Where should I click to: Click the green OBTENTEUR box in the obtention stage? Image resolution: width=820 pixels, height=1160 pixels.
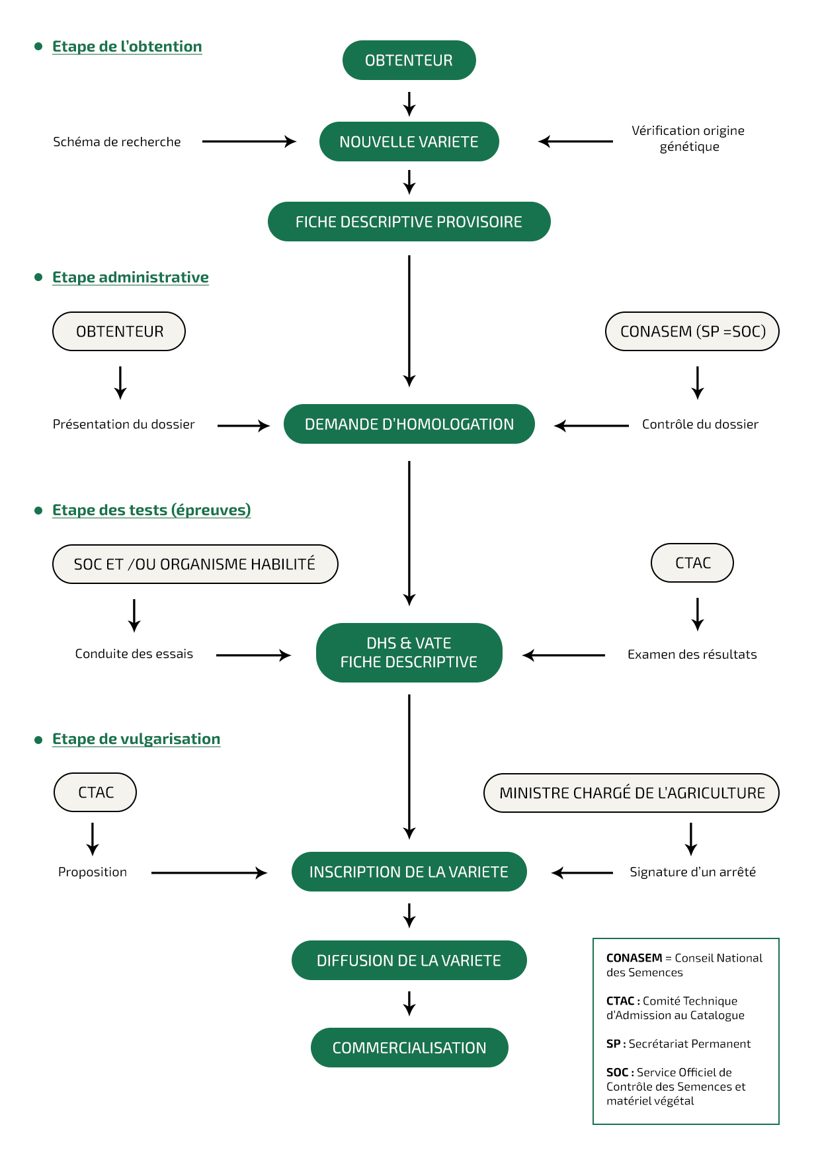[409, 60]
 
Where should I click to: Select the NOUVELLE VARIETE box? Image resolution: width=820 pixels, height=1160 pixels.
[409, 142]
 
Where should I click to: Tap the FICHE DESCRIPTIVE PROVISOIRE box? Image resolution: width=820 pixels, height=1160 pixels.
[409, 222]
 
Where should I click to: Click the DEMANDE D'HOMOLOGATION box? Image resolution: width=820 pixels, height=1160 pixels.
[409, 424]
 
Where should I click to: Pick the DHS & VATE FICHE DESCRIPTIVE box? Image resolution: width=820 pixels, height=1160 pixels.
[409, 653]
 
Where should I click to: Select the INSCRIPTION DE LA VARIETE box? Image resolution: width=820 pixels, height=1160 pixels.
[409, 872]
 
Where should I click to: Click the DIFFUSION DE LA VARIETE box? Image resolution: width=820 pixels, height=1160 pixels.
[409, 960]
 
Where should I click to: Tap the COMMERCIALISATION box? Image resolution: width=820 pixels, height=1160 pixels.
[409, 1048]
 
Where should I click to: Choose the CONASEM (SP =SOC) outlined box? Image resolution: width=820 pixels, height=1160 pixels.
[692, 331]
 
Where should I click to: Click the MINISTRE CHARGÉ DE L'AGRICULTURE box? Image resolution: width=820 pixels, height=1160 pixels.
[632, 793]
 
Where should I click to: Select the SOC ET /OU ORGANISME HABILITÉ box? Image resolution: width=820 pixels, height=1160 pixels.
[195, 564]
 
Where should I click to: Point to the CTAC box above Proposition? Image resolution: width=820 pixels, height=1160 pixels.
[95, 792]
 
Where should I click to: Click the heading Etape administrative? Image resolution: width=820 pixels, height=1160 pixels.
[130, 277]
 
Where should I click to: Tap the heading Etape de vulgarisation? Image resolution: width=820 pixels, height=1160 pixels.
[136, 739]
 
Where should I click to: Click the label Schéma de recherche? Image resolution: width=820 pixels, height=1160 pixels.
[117, 142]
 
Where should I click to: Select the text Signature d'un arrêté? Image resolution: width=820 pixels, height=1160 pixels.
[692, 872]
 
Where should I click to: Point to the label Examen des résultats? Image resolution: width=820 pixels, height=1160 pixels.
[692, 654]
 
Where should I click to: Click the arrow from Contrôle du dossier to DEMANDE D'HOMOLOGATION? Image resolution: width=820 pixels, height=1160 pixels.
[591, 426]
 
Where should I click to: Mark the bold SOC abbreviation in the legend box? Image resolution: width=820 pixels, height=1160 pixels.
[617, 1072]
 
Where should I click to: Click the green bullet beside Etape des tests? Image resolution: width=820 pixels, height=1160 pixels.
[38, 510]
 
